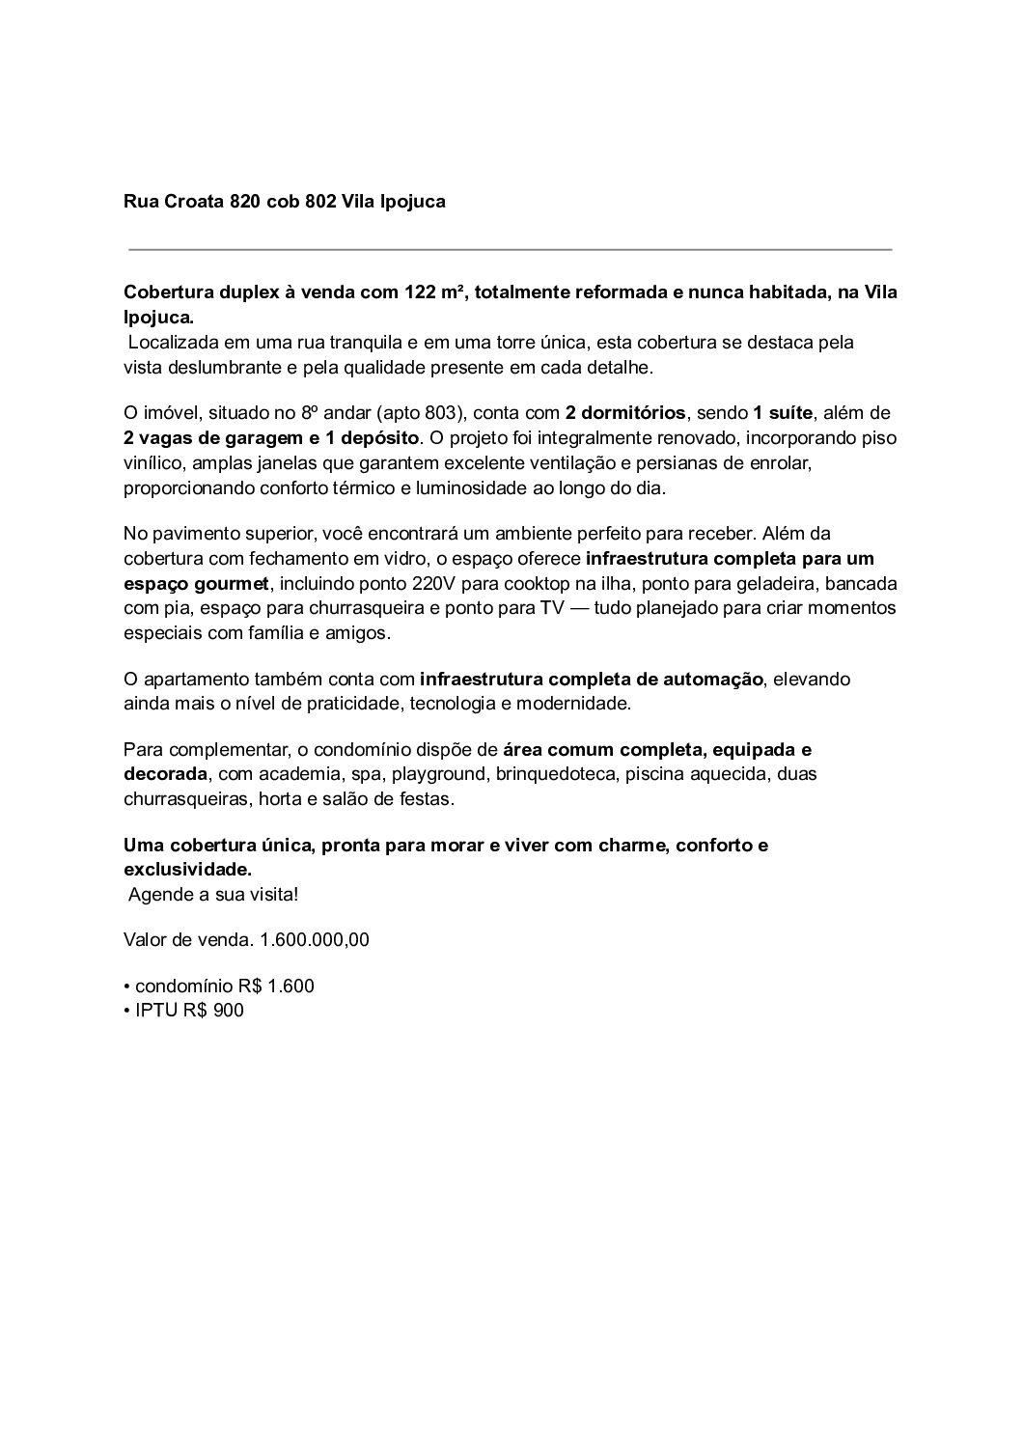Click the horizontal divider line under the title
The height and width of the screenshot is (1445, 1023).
tap(510, 250)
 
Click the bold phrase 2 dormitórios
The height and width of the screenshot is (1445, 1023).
tap(625, 413)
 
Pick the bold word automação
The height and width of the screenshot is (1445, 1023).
tap(712, 680)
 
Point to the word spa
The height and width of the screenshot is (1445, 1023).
tap(368, 774)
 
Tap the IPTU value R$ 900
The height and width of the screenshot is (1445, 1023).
tap(213, 1011)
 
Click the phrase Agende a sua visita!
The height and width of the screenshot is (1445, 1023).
tap(213, 894)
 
